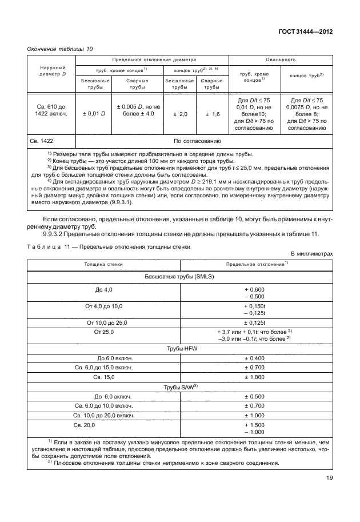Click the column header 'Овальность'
281,59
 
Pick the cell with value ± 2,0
180,114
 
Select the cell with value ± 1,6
212,114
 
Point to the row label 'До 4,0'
103,290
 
